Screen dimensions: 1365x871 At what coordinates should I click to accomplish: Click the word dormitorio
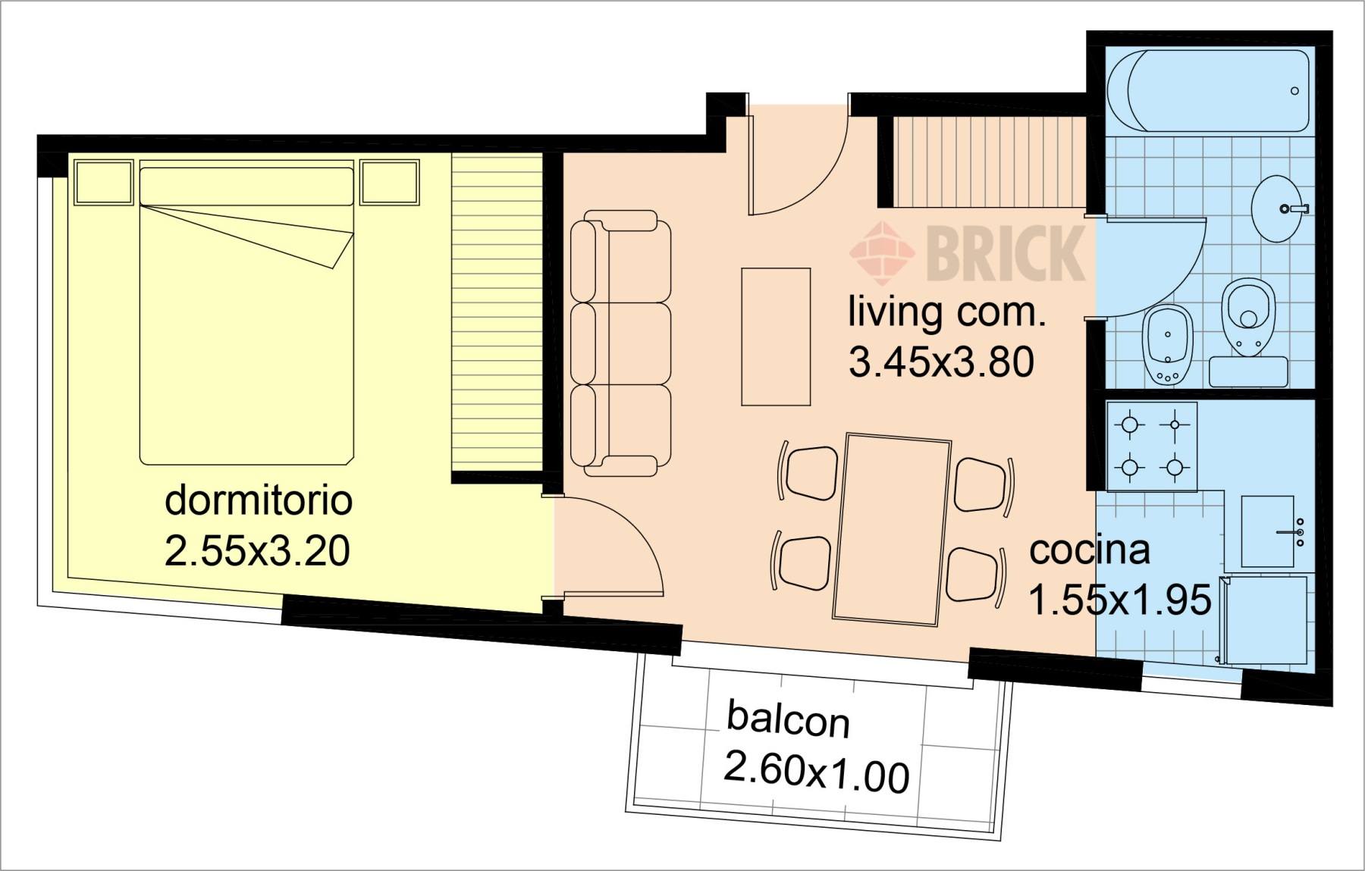click(x=259, y=501)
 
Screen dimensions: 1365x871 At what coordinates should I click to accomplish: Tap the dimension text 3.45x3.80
click(x=941, y=362)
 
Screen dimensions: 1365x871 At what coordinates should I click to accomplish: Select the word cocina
click(x=1090, y=550)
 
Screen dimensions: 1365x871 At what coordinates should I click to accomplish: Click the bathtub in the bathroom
click(x=1208, y=91)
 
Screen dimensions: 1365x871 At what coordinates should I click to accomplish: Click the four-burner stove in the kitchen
click(x=1152, y=446)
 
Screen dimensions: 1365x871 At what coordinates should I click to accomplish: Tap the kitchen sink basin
click(x=1267, y=531)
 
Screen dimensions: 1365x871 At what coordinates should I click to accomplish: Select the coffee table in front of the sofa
click(x=776, y=337)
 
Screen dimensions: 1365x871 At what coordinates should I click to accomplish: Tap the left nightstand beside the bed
click(x=105, y=182)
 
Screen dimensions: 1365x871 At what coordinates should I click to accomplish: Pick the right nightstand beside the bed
click(x=390, y=182)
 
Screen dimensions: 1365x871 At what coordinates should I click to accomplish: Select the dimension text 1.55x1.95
click(x=1119, y=600)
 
